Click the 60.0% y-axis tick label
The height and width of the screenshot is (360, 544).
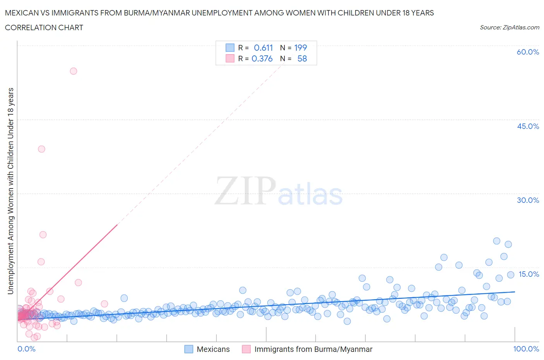528,52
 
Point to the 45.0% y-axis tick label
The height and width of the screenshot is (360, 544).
528,126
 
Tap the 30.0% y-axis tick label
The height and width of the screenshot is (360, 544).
528,200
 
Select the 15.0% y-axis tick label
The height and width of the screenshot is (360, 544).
529,274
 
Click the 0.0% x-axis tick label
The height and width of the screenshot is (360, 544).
26,349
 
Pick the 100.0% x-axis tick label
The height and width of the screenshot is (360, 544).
526,349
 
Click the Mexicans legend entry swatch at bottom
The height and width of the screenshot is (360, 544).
188,349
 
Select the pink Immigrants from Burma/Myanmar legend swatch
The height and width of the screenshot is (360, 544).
246,349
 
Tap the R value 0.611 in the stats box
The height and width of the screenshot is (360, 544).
263,48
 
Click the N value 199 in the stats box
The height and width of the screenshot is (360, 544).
300,48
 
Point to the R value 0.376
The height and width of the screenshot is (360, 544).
262,58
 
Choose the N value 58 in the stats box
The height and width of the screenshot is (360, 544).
302,58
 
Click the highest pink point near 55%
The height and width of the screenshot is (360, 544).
74,71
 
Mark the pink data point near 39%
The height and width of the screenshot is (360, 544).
41,149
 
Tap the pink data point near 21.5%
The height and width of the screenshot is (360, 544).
43,235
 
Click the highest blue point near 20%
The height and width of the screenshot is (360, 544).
497,241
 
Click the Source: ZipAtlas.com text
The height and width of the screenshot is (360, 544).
509,27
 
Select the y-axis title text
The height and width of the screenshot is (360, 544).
10,191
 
